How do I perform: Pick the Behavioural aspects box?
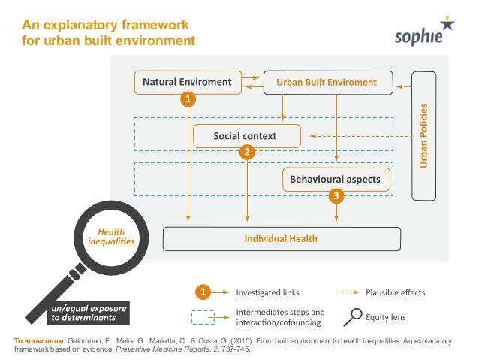[x=336, y=180]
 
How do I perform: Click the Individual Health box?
[x=281, y=239]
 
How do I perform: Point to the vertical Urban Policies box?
[x=423, y=135]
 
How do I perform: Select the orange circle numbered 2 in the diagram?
[x=246, y=152]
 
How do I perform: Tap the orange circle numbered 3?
[x=336, y=196]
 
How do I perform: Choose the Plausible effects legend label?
[x=395, y=292]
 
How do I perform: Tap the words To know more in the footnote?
[x=39, y=340]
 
